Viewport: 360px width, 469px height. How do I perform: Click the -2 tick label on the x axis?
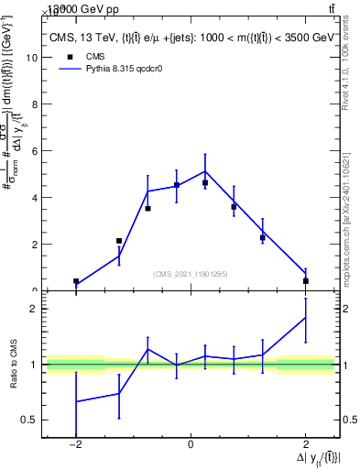pyautogui.click(x=75, y=444)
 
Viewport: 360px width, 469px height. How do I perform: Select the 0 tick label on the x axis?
pyautogui.click(x=191, y=444)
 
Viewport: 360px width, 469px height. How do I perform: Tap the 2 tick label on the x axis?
pyautogui.click(x=305, y=444)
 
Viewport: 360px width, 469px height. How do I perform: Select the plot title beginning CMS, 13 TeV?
pyautogui.click(x=192, y=38)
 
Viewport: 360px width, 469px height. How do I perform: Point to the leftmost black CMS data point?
pyautogui.click(x=76, y=281)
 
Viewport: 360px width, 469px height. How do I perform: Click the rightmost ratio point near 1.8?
pyautogui.click(x=305, y=318)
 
